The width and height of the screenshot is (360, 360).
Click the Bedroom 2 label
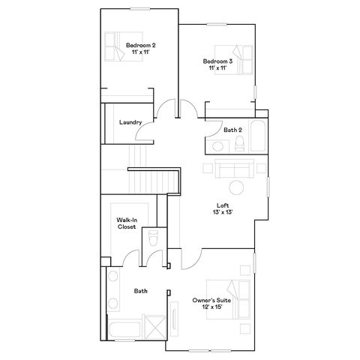(141, 45)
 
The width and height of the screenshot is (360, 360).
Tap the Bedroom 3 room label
(217, 61)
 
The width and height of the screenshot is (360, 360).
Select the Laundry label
(130, 122)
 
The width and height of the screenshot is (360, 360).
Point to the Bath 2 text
(232, 130)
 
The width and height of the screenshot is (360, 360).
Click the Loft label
(223, 205)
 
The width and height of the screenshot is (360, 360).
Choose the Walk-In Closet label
(127, 223)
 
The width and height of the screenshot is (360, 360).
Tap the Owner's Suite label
(211, 300)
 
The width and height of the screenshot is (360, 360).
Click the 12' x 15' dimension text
(212, 307)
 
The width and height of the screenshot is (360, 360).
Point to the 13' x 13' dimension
(223, 212)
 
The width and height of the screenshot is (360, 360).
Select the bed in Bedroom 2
(124, 46)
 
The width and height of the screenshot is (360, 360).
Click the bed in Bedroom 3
(234, 60)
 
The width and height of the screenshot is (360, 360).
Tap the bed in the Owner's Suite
(228, 299)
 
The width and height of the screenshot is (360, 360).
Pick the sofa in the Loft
(235, 169)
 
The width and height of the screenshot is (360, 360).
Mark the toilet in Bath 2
(239, 144)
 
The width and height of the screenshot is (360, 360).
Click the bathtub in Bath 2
(258, 136)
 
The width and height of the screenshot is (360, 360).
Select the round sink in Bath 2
(217, 146)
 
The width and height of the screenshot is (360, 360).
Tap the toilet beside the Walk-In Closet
(153, 238)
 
